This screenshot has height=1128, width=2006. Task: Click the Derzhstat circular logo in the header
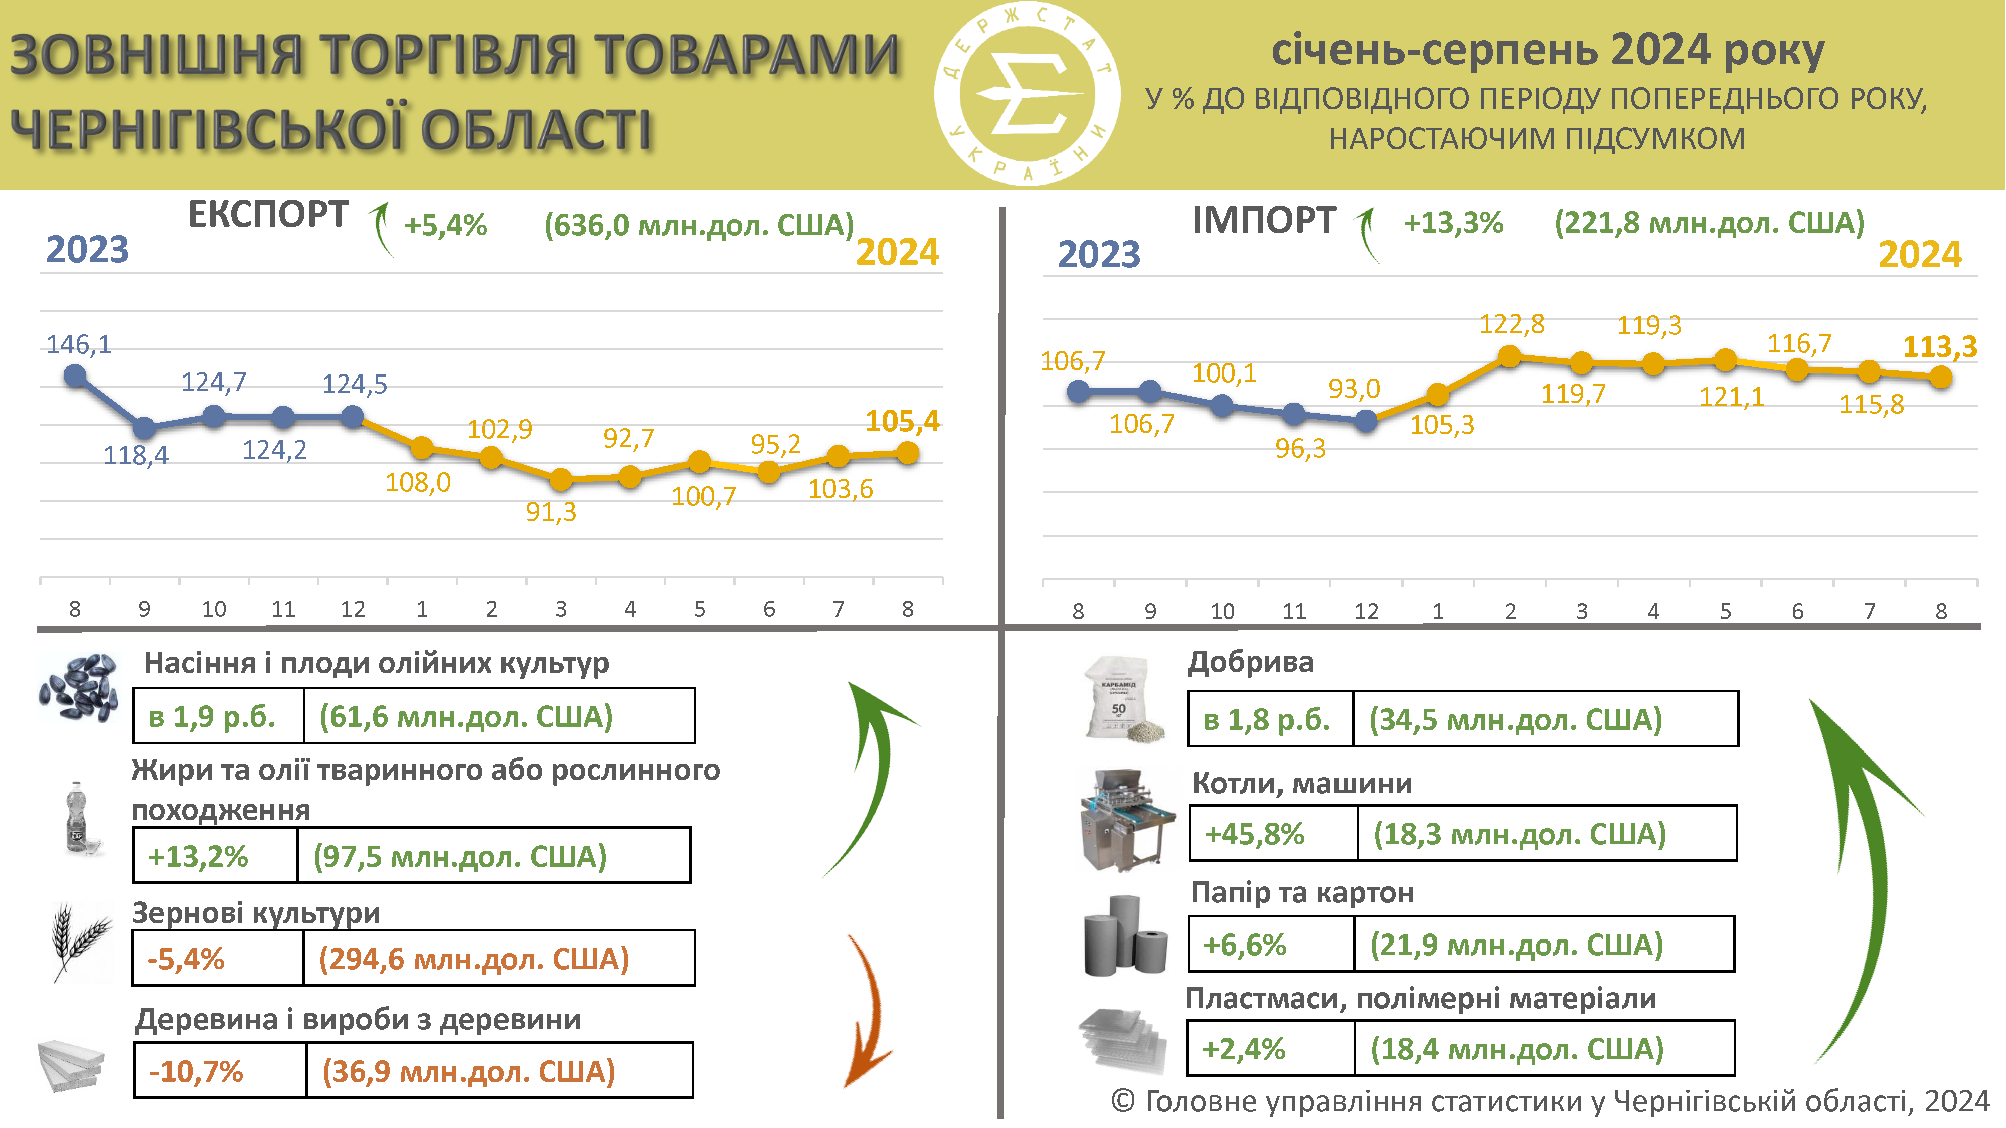1027,93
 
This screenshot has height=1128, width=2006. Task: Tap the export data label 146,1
79,344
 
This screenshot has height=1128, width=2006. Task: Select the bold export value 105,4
903,421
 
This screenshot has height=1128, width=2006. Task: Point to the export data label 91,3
551,512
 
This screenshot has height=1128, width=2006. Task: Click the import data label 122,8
1512,324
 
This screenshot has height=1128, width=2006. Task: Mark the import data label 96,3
1300,448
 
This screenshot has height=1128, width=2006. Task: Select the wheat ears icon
81,941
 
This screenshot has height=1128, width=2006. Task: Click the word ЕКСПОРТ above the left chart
268,214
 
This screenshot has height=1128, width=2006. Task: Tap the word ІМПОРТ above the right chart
1264,220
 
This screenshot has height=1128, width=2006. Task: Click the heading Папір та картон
1302,892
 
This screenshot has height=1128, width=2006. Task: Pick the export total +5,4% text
445,225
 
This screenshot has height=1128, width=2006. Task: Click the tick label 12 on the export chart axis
352,609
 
